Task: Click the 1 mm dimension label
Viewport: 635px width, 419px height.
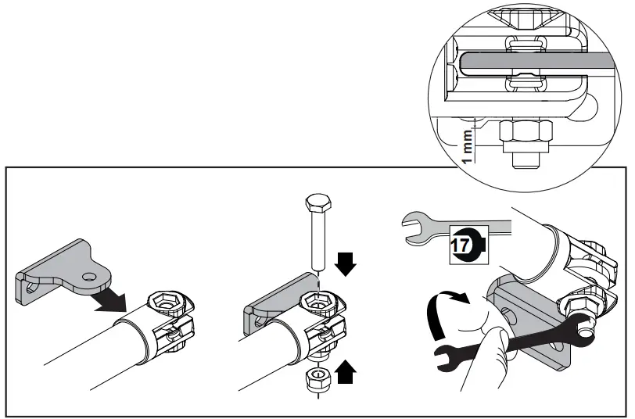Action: click(x=468, y=147)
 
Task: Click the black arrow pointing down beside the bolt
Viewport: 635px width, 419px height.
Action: click(x=345, y=265)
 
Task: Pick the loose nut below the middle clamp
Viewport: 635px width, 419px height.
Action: click(x=313, y=380)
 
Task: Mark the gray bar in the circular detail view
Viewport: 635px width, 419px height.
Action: click(x=532, y=63)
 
